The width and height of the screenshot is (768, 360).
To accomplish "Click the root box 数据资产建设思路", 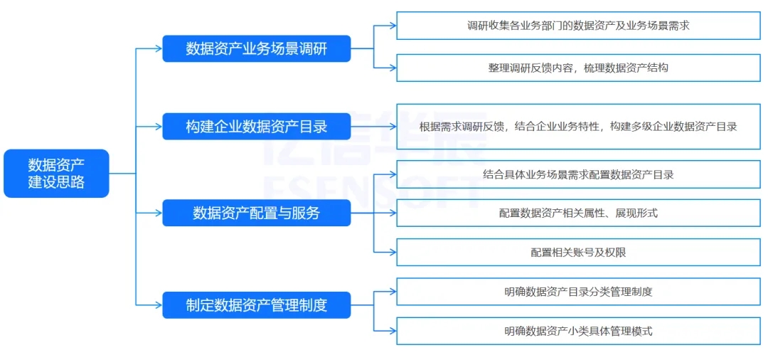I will (x=56, y=173).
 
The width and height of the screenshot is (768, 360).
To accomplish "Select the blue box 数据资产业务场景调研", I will (x=256, y=49).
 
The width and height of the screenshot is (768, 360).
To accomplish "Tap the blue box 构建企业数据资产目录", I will (x=256, y=127).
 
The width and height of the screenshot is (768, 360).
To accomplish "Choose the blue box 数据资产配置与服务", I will (x=256, y=212).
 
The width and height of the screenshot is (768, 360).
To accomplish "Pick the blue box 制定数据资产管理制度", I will (x=256, y=305).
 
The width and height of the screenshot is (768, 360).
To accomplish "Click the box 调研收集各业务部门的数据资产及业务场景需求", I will (x=577, y=26).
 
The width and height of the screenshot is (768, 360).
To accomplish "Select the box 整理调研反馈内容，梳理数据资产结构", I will (x=577, y=68).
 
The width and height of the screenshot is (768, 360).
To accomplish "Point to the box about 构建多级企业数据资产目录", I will (x=577, y=127).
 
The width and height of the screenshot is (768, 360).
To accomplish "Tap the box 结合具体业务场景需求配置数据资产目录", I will (x=577, y=174).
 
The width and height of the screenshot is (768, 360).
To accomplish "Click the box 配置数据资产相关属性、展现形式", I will (x=577, y=213).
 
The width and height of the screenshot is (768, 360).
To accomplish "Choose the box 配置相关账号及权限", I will (x=577, y=252).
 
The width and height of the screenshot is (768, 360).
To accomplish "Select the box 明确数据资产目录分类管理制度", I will (x=577, y=291).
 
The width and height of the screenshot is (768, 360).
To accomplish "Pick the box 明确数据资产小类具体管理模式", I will (x=577, y=331).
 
